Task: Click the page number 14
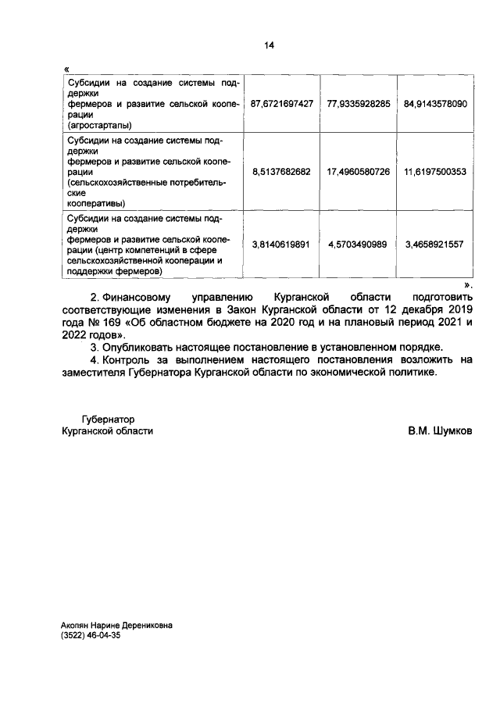pyautogui.click(x=269, y=46)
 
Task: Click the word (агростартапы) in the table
pyautogui.click(x=99, y=124)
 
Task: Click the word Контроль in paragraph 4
pyautogui.click(x=127, y=359)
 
